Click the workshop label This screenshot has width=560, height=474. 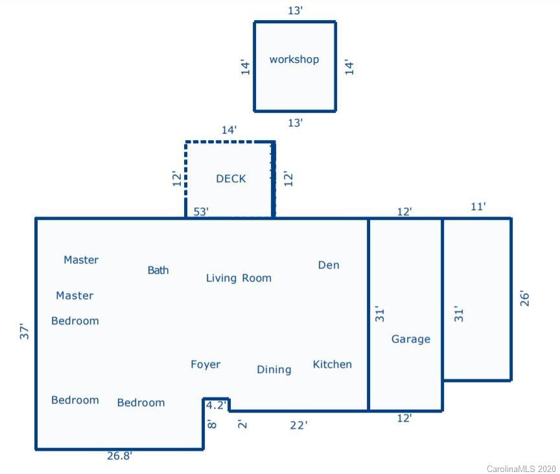pyautogui.click(x=294, y=60)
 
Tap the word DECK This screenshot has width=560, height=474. pyautogui.click(x=231, y=179)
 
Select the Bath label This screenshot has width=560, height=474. pyautogui.click(x=158, y=270)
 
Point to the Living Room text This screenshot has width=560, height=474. pyautogui.click(x=239, y=278)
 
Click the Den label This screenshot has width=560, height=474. pyautogui.click(x=329, y=265)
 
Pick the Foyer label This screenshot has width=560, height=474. pyautogui.click(x=205, y=364)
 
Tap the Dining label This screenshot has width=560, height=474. pyautogui.click(x=274, y=370)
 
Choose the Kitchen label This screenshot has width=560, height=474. pyautogui.click(x=332, y=364)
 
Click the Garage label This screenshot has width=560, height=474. pyautogui.click(x=411, y=339)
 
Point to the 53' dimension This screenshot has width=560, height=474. pyautogui.click(x=201, y=211)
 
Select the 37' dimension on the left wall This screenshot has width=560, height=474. pyautogui.click(x=25, y=331)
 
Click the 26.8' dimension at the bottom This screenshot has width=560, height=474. pyautogui.click(x=120, y=456)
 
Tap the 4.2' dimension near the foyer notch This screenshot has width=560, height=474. pyautogui.click(x=216, y=405)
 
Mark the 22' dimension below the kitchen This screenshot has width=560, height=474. pyautogui.click(x=298, y=425)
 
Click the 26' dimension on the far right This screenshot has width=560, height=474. pyautogui.click(x=524, y=298)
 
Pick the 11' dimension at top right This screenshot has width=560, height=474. pyautogui.click(x=478, y=207)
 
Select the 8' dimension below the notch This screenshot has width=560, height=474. pyautogui.click(x=211, y=425)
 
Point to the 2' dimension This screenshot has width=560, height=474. pyautogui.click(x=241, y=425)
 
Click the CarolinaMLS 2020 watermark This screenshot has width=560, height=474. pyautogui.click(x=521, y=468)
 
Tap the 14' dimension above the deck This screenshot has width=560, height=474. pyautogui.click(x=229, y=130)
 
